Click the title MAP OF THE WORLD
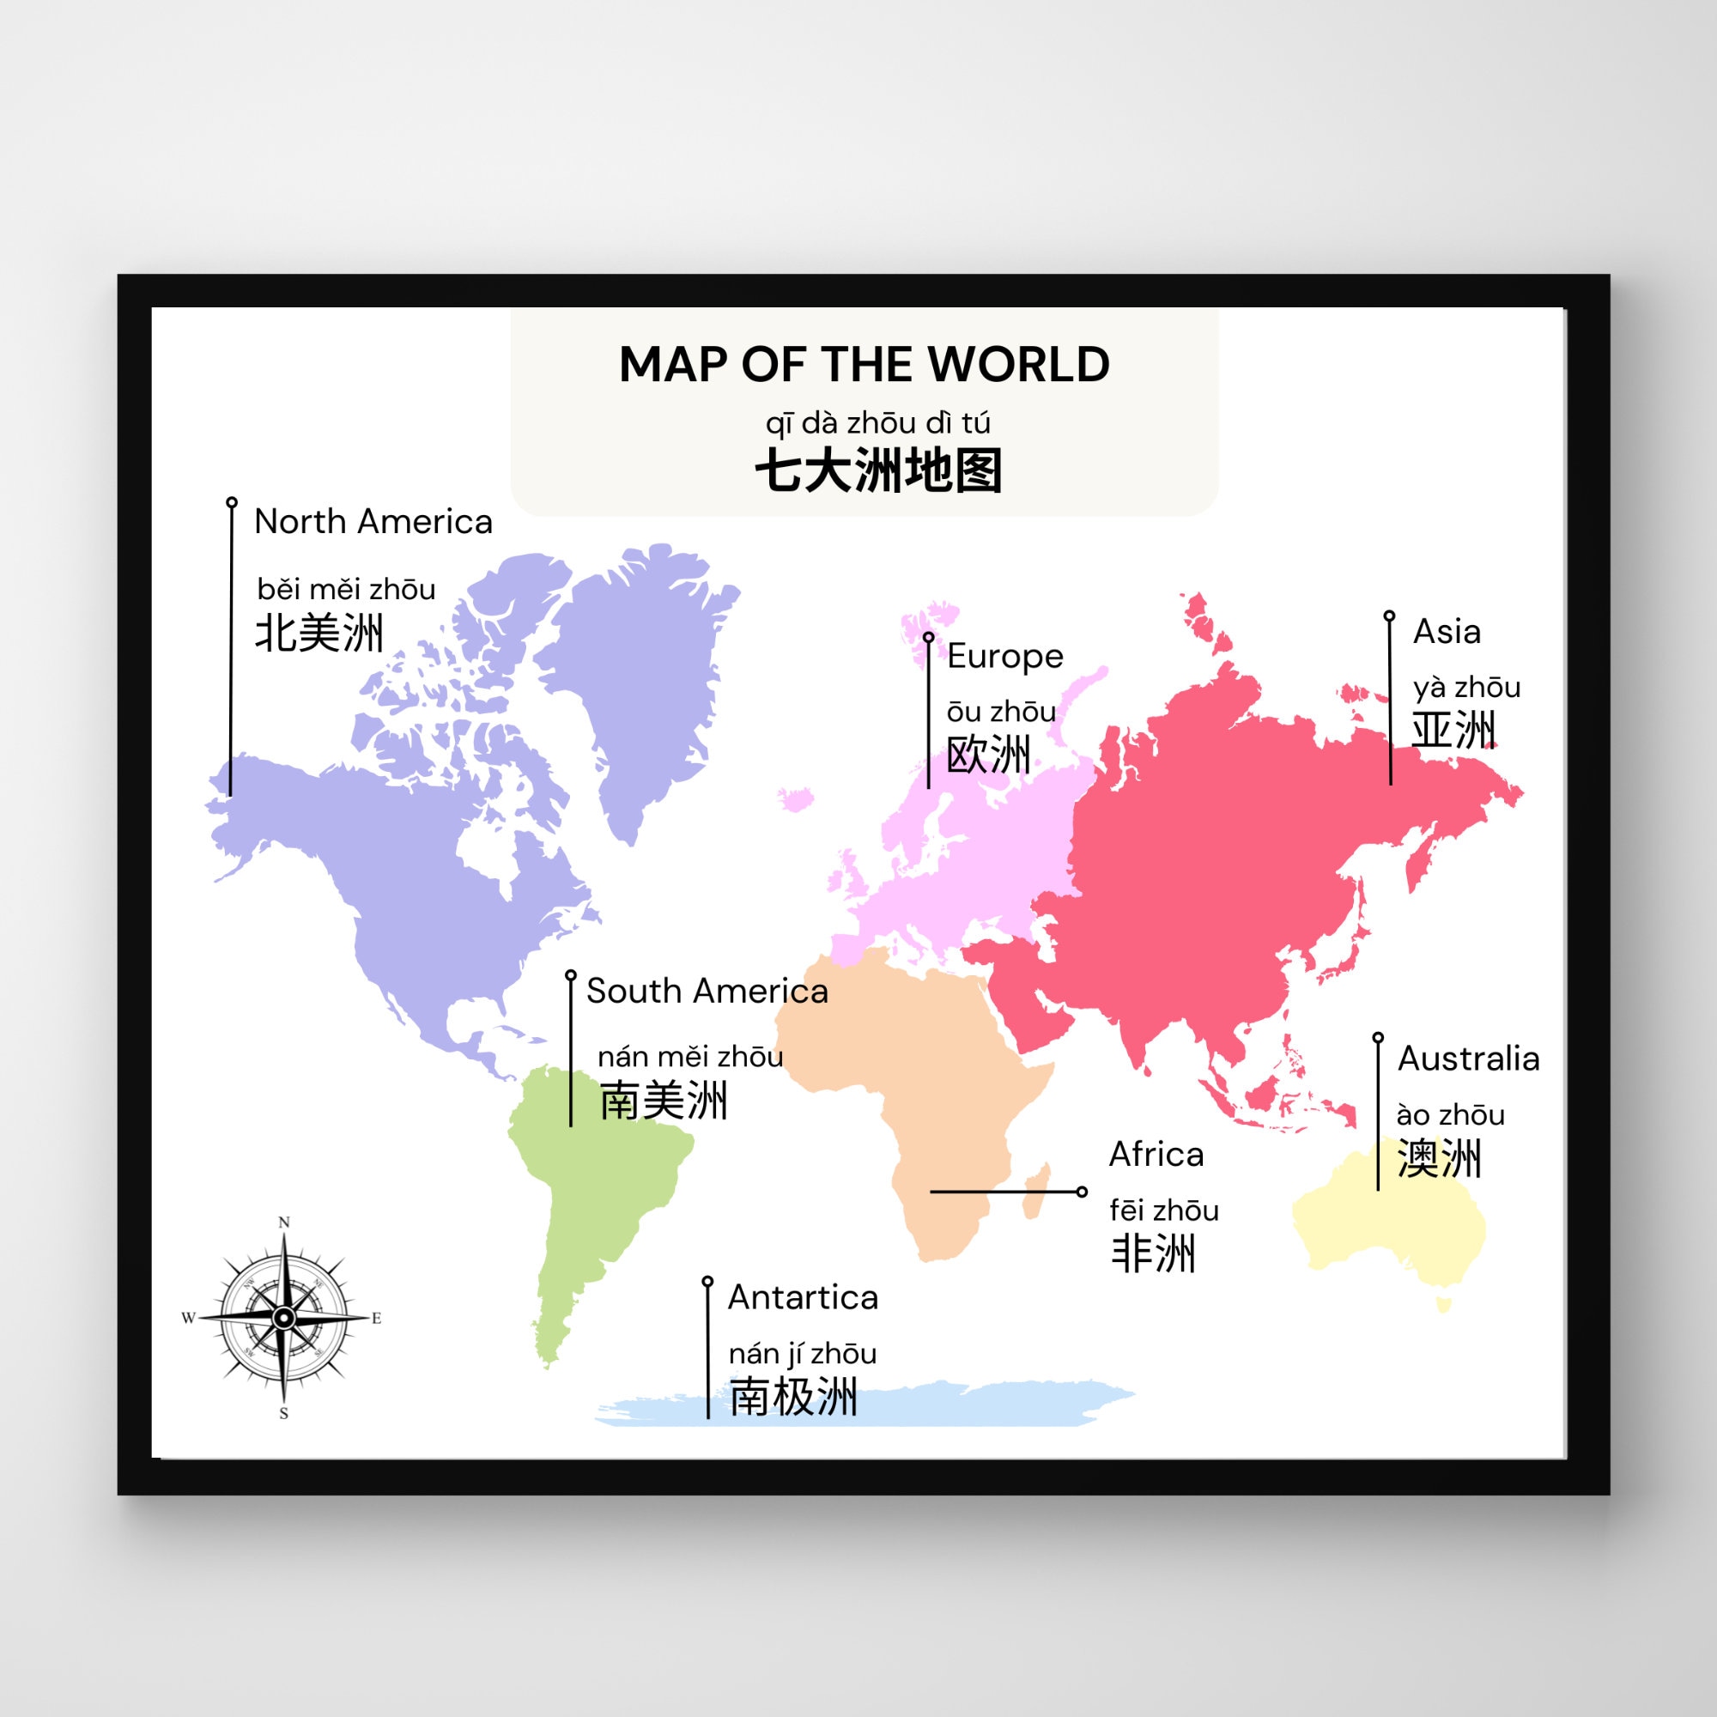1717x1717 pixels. click(864, 364)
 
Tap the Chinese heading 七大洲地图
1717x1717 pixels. click(878, 470)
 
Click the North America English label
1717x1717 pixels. click(373, 522)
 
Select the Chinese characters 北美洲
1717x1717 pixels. click(319, 634)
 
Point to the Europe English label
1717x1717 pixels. click(1004, 656)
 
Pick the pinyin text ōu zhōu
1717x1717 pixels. click(1001, 711)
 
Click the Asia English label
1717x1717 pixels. click(1447, 632)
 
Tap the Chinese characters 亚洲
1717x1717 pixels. click(1453, 730)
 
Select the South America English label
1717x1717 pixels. click(707, 991)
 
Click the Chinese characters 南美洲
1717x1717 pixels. click(663, 1101)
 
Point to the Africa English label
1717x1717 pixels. click(1156, 1155)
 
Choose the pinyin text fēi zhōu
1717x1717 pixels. click(1163, 1210)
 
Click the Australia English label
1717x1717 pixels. click(1468, 1059)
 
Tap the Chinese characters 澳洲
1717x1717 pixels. click(1439, 1159)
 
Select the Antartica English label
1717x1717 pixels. click(803, 1297)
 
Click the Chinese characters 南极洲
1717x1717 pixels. click(792, 1396)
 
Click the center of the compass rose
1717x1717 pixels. click(283, 1318)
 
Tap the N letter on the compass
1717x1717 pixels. click(284, 1223)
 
